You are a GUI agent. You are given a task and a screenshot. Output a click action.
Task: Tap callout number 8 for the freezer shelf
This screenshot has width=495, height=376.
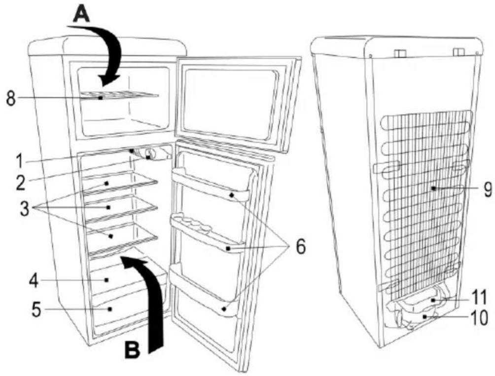tap(11, 99)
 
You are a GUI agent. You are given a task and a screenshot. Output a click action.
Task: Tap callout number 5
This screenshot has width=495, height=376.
tap(36, 310)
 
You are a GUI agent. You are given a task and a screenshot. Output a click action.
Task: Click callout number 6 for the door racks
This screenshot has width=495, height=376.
tap(301, 246)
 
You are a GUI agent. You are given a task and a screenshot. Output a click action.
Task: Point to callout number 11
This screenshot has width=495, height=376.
tap(479, 299)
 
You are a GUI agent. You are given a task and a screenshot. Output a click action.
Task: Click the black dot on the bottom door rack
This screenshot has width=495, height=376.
tap(224, 309)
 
